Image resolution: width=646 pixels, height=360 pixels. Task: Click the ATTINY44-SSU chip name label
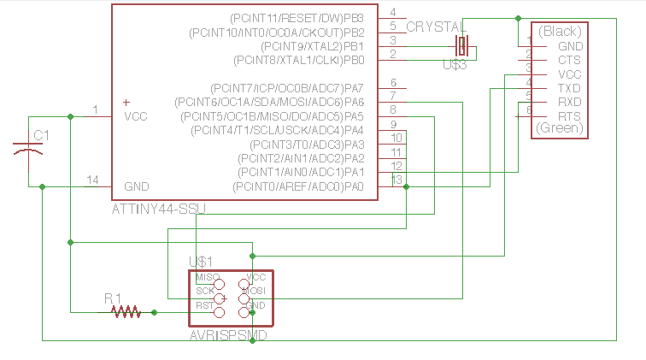coord(158,209)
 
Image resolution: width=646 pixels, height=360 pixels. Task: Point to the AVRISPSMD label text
coord(228,336)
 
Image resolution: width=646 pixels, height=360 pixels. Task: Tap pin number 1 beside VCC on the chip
coord(96,109)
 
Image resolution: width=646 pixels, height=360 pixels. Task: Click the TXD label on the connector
coord(569,88)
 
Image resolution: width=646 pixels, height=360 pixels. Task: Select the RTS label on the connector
coord(569,115)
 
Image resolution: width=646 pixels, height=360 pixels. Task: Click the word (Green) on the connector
coord(560,129)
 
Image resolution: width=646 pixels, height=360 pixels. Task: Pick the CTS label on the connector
coord(569,60)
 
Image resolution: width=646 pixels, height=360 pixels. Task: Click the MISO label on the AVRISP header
coord(207,278)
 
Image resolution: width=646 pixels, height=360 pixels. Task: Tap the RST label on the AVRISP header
coord(205,304)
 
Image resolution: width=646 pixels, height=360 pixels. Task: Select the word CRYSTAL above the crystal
coord(436,27)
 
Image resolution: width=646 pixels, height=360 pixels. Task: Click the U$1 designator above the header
coord(200,261)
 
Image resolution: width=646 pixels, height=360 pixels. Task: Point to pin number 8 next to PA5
coord(392,109)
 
